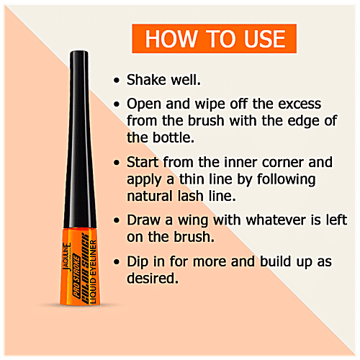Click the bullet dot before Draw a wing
(117, 218)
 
